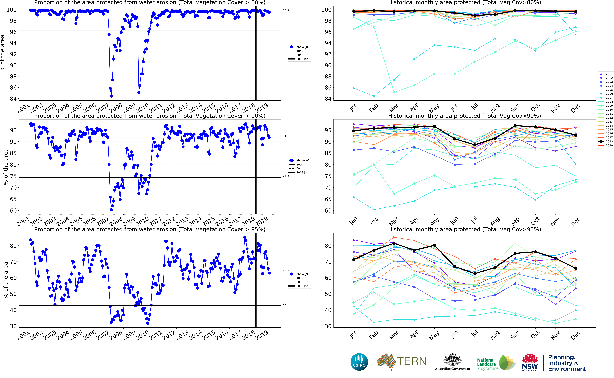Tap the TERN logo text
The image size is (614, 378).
click(412, 361)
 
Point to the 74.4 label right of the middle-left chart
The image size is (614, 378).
click(286, 176)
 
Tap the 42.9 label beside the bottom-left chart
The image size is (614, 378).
click(286, 304)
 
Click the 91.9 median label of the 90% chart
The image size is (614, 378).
click(286, 136)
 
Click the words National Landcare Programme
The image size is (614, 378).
click(487, 364)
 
